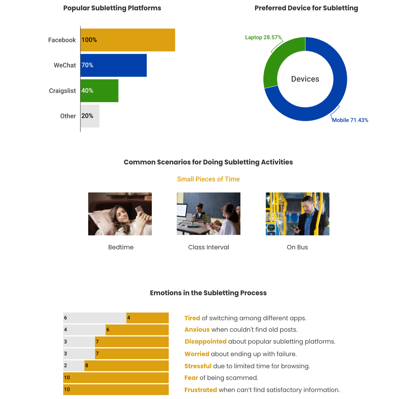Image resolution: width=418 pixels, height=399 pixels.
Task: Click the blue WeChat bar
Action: (x=113, y=65)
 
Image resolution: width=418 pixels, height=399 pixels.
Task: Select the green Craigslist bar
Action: (x=99, y=91)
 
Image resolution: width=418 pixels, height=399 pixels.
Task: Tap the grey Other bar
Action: (x=90, y=116)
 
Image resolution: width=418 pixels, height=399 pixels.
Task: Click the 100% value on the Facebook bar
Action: (x=89, y=40)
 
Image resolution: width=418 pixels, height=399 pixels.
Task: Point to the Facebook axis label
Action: (x=62, y=40)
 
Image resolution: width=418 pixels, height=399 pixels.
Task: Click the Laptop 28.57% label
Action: (x=263, y=37)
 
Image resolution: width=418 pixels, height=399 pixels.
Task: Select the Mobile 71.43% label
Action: (x=350, y=120)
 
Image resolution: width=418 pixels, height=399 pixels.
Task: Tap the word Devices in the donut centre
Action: (x=305, y=79)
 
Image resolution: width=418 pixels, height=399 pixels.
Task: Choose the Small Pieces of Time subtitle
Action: (x=208, y=179)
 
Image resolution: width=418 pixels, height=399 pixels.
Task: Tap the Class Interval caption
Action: (x=208, y=247)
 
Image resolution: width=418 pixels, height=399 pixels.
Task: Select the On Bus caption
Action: (x=297, y=247)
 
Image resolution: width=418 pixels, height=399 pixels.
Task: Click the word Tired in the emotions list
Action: (x=192, y=318)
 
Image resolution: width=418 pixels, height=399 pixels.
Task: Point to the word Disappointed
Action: (x=205, y=341)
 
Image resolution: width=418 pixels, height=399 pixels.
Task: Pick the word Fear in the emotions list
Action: (x=191, y=378)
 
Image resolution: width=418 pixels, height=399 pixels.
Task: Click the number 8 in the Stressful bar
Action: (x=87, y=366)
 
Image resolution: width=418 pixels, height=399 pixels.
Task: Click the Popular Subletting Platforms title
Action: (x=112, y=8)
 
